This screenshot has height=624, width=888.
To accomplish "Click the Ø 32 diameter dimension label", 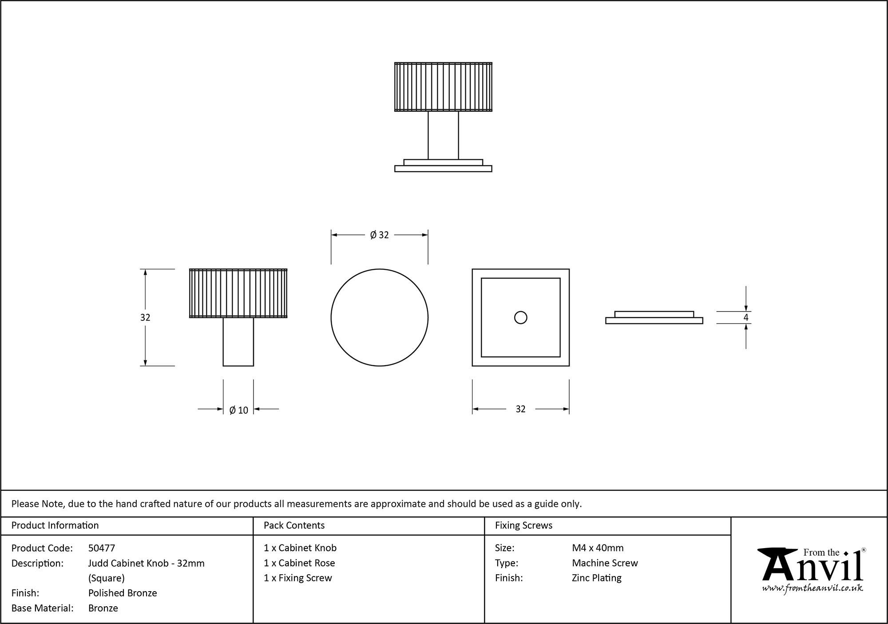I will pyautogui.click(x=379, y=235).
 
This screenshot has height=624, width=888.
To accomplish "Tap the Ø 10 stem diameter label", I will pyautogui.click(x=238, y=410).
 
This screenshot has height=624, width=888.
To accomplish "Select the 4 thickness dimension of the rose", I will pyautogui.click(x=746, y=317).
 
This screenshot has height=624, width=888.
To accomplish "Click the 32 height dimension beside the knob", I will pyautogui.click(x=145, y=317).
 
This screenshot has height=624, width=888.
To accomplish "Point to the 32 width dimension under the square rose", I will pyautogui.click(x=520, y=409).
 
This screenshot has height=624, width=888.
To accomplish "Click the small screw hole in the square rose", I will pyautogui.click(x=520, y=317).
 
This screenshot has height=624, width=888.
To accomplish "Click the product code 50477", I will pyautogui.click(x=102, y=548).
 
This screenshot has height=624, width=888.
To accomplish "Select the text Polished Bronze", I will pyautogui.click(x=123, y=593).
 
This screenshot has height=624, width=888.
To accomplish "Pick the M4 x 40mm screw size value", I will pyautogui.click(x=598, y=548).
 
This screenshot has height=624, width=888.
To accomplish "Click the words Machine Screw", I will pyautogui.click(x=605, y=563).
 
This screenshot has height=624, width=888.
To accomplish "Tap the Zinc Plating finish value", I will pyautogui.click(x=597, y=578).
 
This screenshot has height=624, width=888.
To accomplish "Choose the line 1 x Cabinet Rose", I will pyautogui.click(x=299, y=563).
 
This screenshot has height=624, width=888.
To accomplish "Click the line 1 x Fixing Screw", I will pyautogui.click(x=298, y=578).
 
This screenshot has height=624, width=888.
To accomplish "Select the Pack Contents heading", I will pyautogui.click(x=294, y=525).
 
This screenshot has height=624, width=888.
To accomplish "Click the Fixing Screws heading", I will pyautogui.click(x=523, y=525).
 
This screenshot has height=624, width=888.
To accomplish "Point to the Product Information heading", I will pyautogui.click(x=55, y=525).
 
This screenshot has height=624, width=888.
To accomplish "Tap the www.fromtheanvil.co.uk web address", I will pyautogui.click(x=813, y=588).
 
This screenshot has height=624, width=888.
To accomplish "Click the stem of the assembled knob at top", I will pyautogui.click(x=443, y=135).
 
